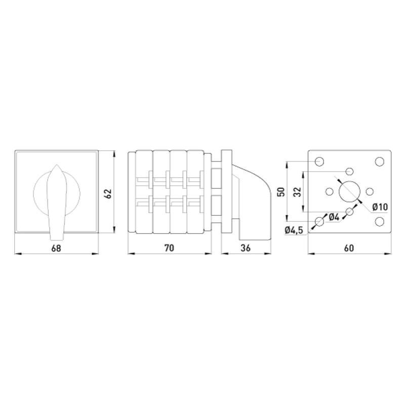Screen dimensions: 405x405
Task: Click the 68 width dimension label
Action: coord(56,248)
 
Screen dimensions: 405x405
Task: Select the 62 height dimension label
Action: coord(108,194)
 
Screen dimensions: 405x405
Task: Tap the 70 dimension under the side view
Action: coord(170,248)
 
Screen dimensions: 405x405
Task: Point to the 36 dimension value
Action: coord(246,248)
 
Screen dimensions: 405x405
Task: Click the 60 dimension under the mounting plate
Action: coord(349,248)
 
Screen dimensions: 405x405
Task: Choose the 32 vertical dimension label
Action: coord(298,192)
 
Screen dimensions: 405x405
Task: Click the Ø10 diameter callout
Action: coord(380,207)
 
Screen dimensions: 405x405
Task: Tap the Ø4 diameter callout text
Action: coord(334,218)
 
